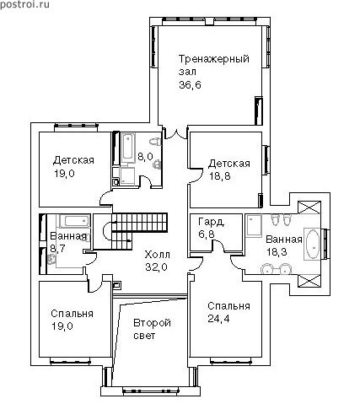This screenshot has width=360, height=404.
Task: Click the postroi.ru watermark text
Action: point(24,5)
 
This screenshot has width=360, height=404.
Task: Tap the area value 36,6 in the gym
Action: point(190,85)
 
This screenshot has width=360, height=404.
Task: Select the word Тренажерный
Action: point(214,60)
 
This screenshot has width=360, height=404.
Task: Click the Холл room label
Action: point(158,255)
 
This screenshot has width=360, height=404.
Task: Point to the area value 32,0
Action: point(156,267)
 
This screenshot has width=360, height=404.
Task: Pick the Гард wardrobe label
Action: point(211,222)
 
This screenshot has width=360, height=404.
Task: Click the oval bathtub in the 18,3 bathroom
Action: point(313,244)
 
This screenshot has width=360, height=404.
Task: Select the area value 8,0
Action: point(145,156)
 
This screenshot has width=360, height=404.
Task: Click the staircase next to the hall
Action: point(135,230)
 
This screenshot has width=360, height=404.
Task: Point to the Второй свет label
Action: point(152,329)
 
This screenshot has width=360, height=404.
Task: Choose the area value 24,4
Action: point(218,319)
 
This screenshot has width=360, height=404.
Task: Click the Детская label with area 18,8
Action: point(229,164)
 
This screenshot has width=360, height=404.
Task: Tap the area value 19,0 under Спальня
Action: point(62,326)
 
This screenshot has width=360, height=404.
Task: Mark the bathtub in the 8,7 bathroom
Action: point(74,221)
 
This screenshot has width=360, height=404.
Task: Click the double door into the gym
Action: point(175,133)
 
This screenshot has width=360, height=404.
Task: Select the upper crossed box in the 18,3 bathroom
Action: point(309,208)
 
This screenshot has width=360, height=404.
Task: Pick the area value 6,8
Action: point(206,234)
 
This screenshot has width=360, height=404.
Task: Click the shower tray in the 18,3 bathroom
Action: point(253,226)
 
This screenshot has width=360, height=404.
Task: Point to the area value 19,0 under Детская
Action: point(64,174)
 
